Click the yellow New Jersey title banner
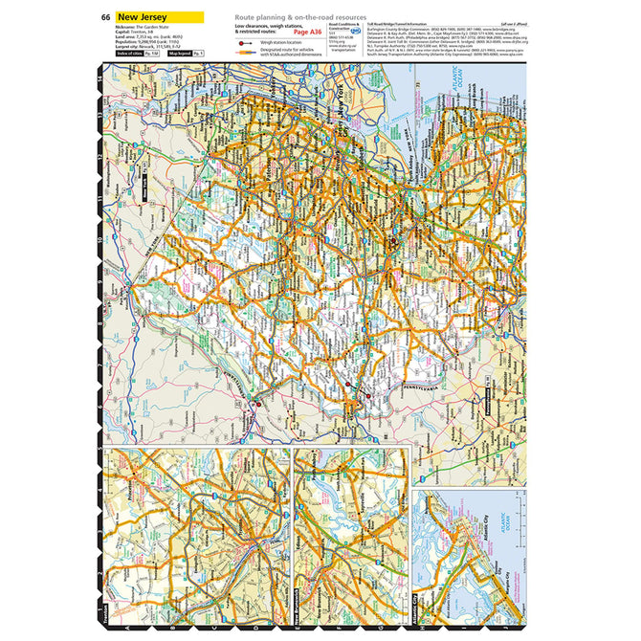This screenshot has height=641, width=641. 157,17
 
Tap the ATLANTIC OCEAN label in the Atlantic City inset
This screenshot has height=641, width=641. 516,524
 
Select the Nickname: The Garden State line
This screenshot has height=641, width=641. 144,32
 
